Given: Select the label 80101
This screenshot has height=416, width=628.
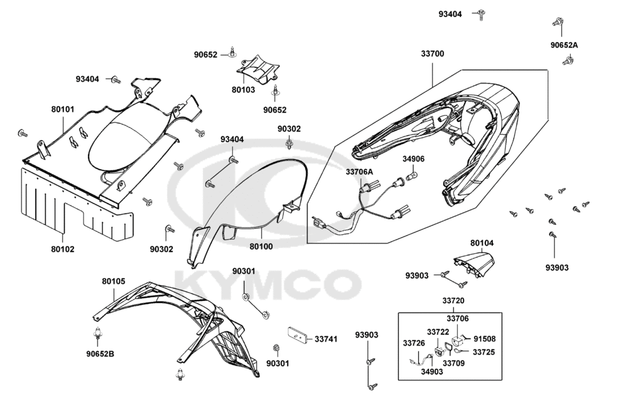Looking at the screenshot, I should (x=63, y=109).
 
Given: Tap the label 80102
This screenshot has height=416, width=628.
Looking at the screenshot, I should (x=63, y=249).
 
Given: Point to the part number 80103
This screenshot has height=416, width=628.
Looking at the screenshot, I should (x=243, y=90).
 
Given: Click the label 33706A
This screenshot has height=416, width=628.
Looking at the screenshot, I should (x=359, y=171).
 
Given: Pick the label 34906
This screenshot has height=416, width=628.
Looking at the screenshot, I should (x=413, y=159).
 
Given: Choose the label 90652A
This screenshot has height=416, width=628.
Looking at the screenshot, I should (x=564, y=45).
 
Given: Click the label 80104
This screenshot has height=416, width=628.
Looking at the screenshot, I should (x=482, y=242).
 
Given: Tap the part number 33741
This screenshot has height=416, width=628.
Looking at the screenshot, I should (x=326, y=339).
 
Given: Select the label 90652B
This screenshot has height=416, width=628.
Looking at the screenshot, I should (x=100, y=353).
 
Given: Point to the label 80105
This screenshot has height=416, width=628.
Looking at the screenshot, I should (x=114, y=282).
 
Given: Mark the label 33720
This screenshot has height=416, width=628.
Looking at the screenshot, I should (x=453, y=301).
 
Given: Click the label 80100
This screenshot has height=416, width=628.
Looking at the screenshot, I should (x=261, y=247).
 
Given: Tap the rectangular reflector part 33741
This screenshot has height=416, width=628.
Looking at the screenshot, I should (x=296, y=334).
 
